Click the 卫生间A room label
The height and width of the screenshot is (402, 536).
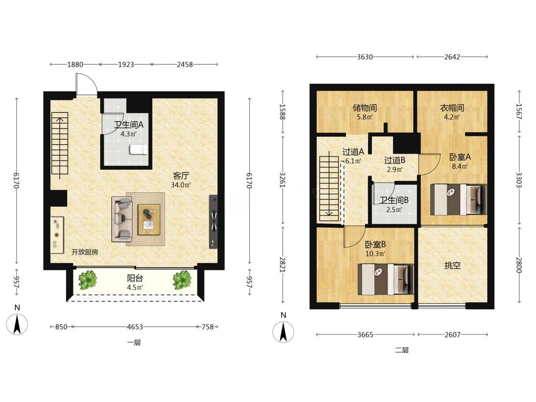click(x=129, y=125)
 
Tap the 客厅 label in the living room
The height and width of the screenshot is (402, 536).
click(x=181, y=176)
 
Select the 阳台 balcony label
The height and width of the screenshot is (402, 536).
click(x=135, y=278)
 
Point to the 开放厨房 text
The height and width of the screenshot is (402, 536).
click(x=85, y=252)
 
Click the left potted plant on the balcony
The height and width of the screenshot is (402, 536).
click(x=88, y=280)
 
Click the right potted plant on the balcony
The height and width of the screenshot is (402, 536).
click(x=182, y=280)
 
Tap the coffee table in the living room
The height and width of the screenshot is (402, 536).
click(x=149, y=220)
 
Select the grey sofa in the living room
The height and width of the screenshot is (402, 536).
click(x=122, y=219)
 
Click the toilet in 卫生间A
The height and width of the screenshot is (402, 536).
click(x=139, y=150)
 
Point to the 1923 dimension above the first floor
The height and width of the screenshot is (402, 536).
click(x=126, y=64)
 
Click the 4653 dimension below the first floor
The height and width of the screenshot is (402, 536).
click(x=135, y=327)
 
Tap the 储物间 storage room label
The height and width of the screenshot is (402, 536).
click(x=365, y=108)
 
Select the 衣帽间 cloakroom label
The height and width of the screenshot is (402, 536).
click(x=452, y=108)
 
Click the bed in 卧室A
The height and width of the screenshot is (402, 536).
click(x=458, y=200)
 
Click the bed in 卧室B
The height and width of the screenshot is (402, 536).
click(x=386, y=279)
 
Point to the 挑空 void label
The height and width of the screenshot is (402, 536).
click(x=452, y=265)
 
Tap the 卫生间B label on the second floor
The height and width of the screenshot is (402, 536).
click(x=394, y=201)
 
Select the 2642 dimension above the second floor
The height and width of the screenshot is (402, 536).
click(x=452, y=57)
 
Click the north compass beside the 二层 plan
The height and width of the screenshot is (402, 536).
click(x=283, y=331)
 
